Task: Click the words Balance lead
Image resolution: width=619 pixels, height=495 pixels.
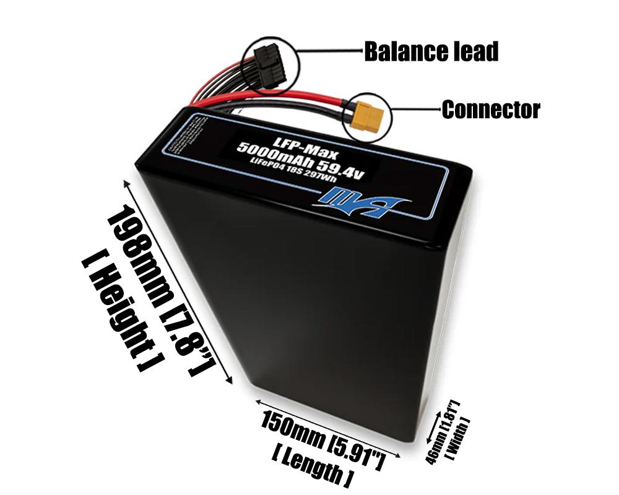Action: point(431,52)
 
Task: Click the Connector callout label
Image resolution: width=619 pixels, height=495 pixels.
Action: point(490,110)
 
